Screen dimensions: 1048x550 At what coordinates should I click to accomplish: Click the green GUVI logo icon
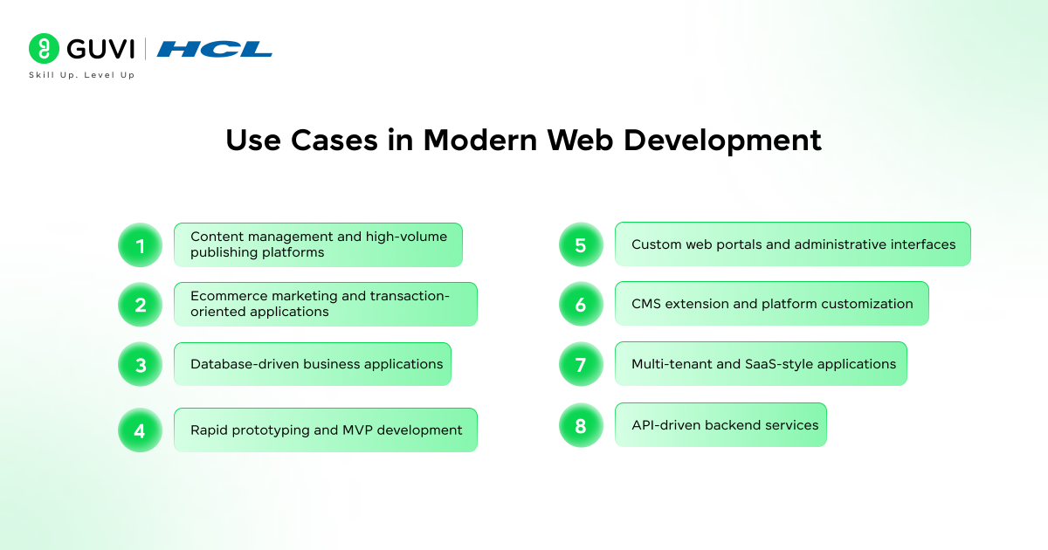(44, 48)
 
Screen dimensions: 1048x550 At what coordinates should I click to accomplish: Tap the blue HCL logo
(214, 49)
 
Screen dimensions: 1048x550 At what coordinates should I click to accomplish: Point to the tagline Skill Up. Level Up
(82, 75)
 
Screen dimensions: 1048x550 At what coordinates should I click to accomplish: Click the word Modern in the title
(480, 140)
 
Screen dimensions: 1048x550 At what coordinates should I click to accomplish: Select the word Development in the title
(722, 141)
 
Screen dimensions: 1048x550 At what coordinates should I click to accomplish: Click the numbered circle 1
(140, 245)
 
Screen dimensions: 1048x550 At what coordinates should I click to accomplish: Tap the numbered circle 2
(140, 305)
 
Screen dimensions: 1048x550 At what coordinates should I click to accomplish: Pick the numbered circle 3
(140, 364)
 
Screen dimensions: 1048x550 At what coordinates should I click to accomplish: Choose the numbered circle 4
(140, 430)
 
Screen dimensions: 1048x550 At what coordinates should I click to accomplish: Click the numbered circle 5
(581, 244)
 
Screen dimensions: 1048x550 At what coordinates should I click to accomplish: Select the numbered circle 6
(581, 304)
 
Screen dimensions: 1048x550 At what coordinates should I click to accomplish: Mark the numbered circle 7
(581, 364)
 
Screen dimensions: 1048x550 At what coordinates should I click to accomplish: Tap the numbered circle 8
(581, 425)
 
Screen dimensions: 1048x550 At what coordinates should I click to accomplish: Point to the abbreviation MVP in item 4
(357, 430)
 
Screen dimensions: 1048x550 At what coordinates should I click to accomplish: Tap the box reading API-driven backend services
(721, 425)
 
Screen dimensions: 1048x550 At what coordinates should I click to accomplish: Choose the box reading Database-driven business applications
(313, 364)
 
